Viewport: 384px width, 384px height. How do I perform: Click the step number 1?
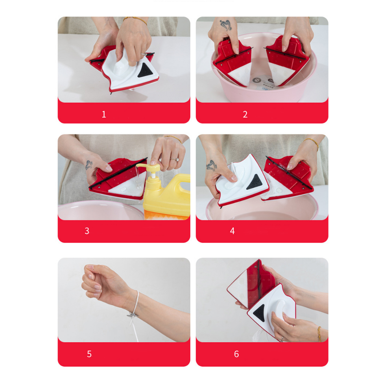tap(104, 114)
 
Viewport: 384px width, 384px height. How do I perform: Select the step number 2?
tap(245, 114)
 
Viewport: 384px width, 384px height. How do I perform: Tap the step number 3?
tap(87, 231)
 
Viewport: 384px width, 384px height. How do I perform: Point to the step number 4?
tap(232, 231)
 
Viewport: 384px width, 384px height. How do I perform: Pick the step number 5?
tap(89, 354)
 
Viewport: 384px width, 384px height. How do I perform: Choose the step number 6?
tap(236, 354)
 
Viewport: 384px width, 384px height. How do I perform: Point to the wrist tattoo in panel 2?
tap(226, 25)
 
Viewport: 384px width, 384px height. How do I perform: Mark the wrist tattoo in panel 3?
tap(88, 165)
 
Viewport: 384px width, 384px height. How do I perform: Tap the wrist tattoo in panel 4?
tap(211, 165)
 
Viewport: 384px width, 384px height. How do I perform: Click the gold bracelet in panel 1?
tap(135, 20)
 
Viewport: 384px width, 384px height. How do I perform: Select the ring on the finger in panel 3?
tap(175, 160)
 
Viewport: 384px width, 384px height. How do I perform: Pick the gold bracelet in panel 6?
tap(319, 334)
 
